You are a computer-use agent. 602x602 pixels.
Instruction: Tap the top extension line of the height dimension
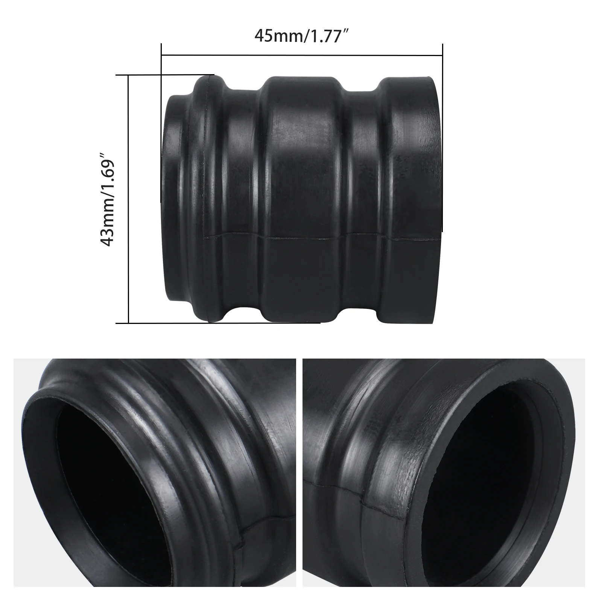coord(166,75)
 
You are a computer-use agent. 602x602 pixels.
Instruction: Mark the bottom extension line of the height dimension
coord(218,322)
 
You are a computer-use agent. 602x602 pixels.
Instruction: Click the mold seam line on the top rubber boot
coord(301,238)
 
